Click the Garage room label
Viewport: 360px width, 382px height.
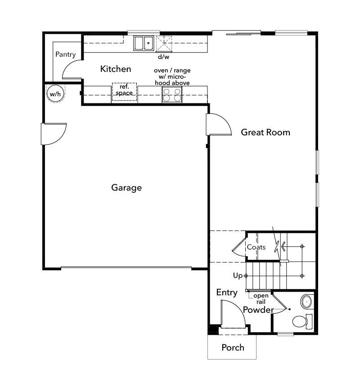click(x=126, y=187)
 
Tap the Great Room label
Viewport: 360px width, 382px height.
click(x=265, y=132)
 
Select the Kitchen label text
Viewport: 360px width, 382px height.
click(x=116, y=69)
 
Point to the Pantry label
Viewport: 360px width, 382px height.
click(x=65, y=54)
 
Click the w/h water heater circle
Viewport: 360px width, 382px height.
click(x=54, y=94)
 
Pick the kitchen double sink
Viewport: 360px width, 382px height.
click(x=144, y=43)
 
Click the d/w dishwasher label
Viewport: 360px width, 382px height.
click(x=163, y=57)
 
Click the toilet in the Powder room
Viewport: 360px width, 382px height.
click(x=301, y=321)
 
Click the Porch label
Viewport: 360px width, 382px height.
click(x=233, y=347)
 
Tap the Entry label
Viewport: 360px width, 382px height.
click(x=227, y=293)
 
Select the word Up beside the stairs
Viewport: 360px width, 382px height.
click(x=238, y=275)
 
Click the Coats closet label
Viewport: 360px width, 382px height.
click(x=256, y=247)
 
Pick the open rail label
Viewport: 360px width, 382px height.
click(x=261, y=298)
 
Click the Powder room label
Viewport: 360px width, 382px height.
click(x=258, y=310)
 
